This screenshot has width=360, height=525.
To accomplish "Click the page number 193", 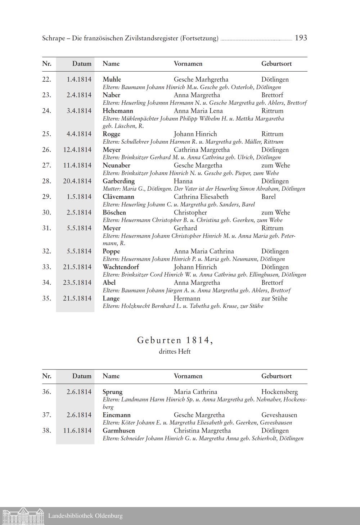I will [x=301, y=38].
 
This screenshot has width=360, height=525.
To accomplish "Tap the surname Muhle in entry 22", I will [x=112, y=79].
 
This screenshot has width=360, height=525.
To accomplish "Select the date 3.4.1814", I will [x=79, y=111].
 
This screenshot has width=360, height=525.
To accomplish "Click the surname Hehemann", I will [x=118, y=111].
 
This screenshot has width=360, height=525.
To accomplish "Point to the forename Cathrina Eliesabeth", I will [x=201, y=196].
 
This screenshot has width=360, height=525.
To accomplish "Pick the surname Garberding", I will [x=118, y=181].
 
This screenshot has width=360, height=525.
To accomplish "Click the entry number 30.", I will [x=46, y=212].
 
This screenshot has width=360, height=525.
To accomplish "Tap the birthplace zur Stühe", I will [x=274, y=298].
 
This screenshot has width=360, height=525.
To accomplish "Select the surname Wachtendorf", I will [x=121, y=267].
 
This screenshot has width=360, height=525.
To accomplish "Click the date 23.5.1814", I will [x=77, y=282].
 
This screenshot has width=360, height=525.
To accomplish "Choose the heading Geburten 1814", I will [x=175, y=340].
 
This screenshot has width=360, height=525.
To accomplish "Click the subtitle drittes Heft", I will [x=175, y=352].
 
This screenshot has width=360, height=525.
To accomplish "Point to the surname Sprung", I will [x=112, y=392].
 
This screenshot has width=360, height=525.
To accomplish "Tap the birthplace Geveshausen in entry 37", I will [x=279, y=415].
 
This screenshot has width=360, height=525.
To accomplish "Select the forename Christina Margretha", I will [x=202, y=430].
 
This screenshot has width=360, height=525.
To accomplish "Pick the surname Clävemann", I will [x=118, y=196].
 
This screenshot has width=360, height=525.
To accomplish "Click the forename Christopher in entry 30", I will [x=190, y=212].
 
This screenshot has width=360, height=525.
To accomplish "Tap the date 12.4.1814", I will [x=77, y=150].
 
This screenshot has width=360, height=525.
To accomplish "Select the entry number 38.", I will [x=46, y=430].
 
